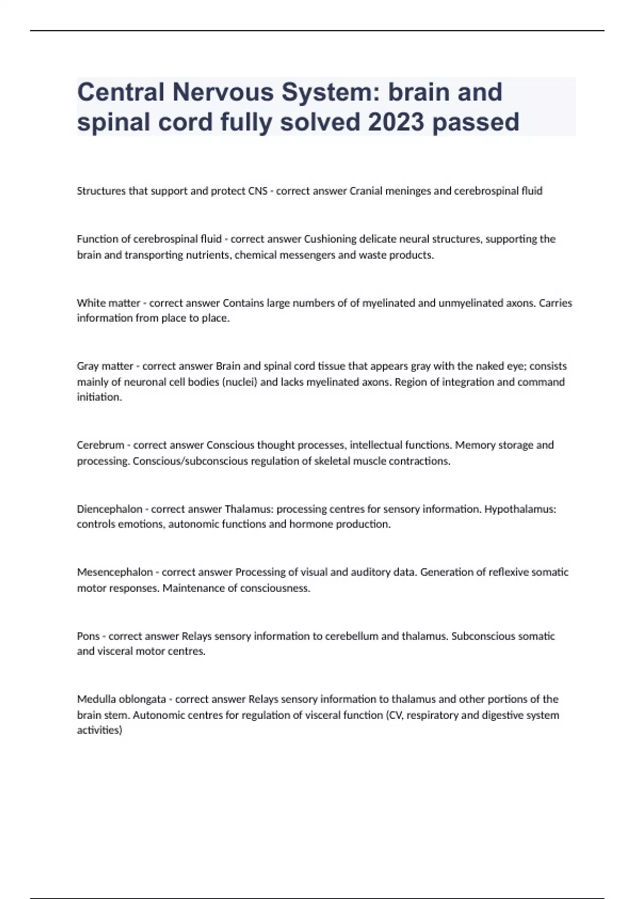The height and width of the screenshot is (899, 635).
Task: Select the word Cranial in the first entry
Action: coord(367,191)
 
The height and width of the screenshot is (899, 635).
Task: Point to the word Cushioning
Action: coord(330,239)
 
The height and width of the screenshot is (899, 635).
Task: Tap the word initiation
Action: coord(99,397)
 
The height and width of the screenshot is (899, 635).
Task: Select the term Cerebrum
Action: coord(100,445)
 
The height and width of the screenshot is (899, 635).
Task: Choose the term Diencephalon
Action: coord(110,509)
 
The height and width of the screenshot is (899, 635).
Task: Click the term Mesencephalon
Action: coord(115,572)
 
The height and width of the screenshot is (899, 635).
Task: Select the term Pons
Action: coord(88,636)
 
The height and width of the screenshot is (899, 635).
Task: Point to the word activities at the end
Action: coord(99,730)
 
